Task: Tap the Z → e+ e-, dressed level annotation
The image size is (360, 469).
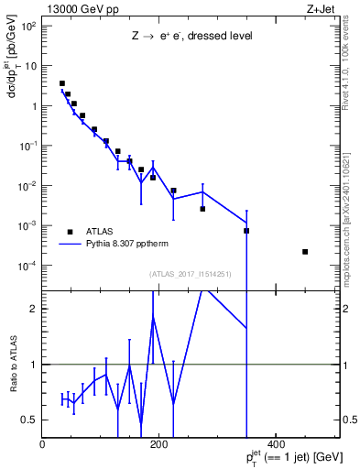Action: [191, 37]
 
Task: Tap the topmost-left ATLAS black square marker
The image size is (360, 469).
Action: [62, 83]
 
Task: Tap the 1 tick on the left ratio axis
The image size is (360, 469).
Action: [33, 365]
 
